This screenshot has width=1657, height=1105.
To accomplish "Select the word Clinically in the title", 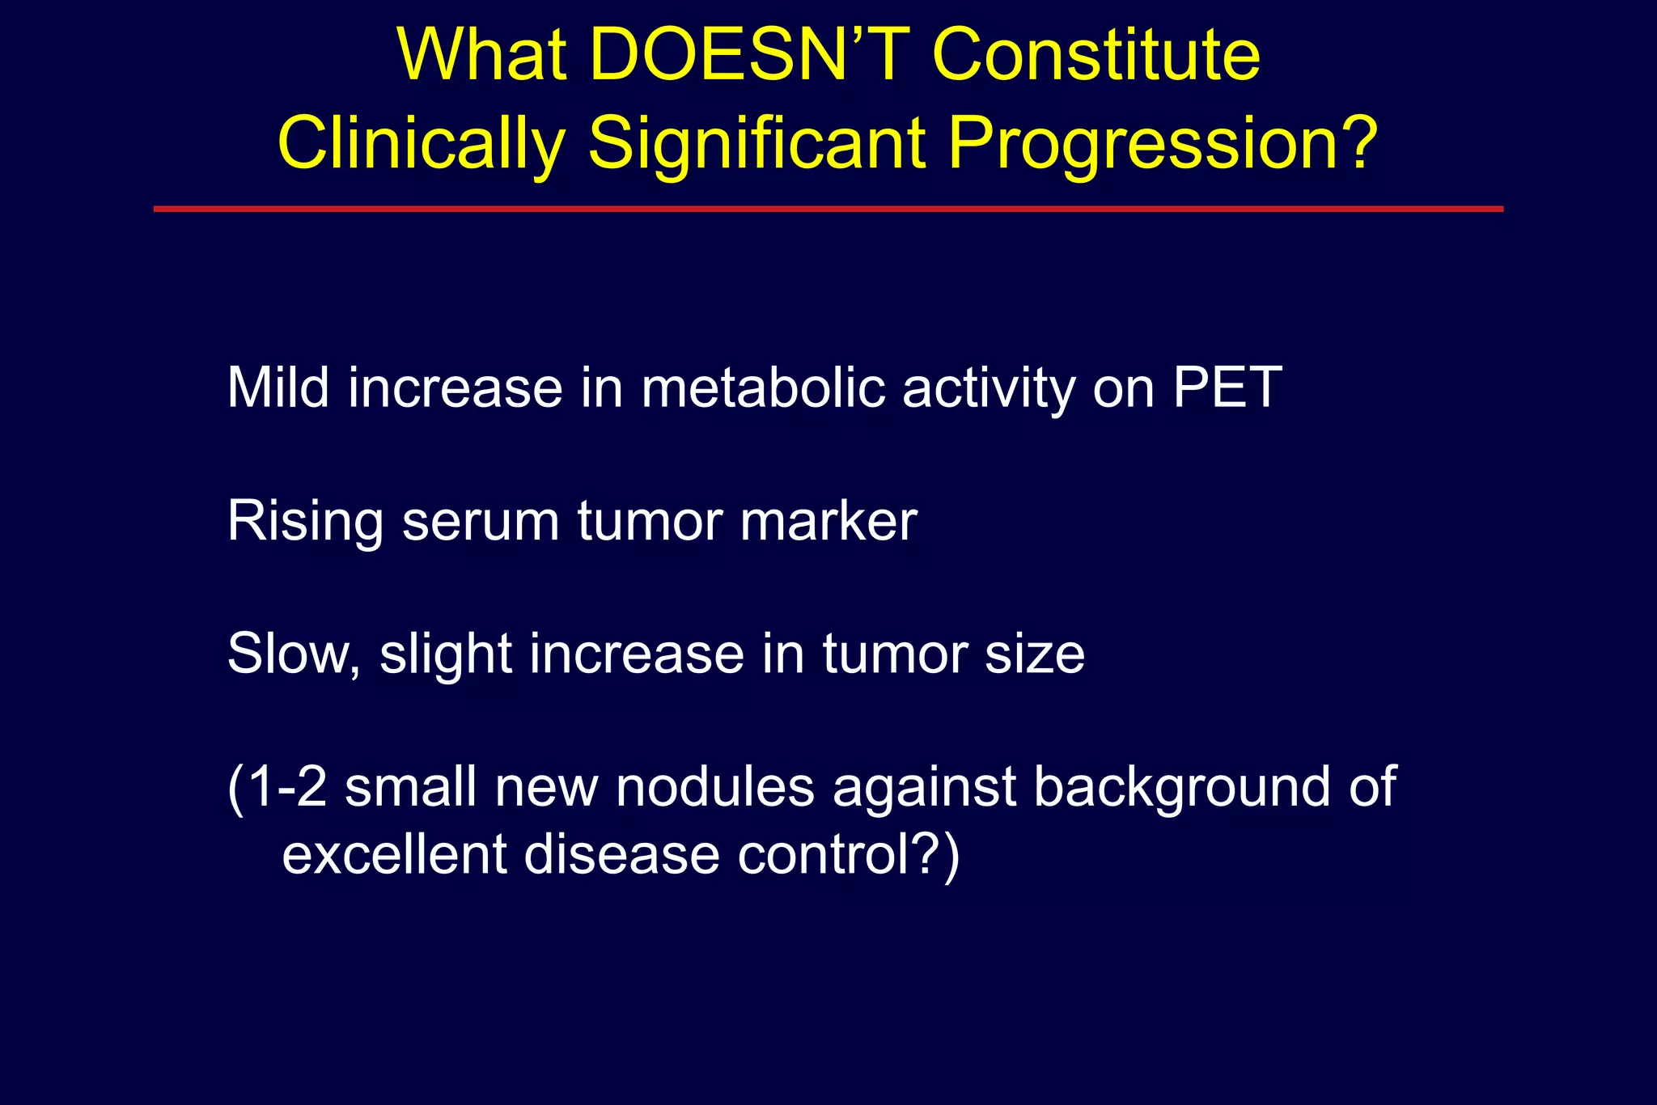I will [421, 143].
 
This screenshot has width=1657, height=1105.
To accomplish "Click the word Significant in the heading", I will [756, 143].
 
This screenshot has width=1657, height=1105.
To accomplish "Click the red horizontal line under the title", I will [828, 209].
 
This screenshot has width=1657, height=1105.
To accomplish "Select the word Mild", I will [278, 387].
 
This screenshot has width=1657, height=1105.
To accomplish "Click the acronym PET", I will [1227, 387].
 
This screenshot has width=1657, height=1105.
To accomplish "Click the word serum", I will [481, 521].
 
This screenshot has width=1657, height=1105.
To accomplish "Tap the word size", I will [1035, 654].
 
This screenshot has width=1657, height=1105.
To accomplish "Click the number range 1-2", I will [286, 786].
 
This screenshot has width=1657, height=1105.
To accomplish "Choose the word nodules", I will [714, 786].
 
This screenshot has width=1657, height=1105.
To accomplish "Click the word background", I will [1181, 786].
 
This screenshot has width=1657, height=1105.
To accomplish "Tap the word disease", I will [621, 854].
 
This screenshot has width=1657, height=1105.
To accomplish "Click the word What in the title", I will [482, 55].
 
